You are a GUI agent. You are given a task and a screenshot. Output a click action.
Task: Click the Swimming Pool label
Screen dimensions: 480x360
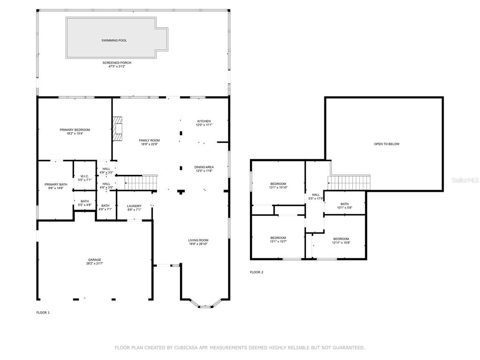click(114, 40)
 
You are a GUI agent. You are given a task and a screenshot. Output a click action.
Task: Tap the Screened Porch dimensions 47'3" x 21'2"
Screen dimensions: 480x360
click(117, 67)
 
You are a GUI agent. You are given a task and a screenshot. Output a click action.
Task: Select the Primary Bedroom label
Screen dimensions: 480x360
click(75, 130)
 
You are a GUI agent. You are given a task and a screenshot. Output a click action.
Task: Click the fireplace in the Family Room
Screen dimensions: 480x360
click(117, 128)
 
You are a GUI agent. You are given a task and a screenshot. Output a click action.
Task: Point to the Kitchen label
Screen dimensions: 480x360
click(204, 121)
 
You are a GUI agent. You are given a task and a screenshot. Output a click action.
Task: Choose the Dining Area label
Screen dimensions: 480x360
click(204, 167)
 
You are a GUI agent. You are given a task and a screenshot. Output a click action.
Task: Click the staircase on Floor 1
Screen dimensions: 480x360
click(141, 182)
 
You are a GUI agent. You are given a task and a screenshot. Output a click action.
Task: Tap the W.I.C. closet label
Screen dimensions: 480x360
click(84, 176)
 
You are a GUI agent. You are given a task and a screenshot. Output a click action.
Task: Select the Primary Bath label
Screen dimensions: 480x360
click(56, 184)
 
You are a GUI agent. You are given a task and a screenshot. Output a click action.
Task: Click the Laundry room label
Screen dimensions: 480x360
click(134, 206)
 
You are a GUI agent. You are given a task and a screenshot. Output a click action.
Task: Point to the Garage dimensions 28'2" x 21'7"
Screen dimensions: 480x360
click(95, 263)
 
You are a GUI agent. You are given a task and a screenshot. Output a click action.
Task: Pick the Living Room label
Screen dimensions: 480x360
click(198, 240)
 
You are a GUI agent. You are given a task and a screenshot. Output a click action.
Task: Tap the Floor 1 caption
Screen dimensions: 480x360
click(43, 313)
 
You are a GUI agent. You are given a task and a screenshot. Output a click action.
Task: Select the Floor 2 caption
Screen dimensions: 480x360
click(256, 272)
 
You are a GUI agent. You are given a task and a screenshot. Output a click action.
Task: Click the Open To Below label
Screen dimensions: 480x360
click(387, 144)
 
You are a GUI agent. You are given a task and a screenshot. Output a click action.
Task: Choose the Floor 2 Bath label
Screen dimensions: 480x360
click(345, 204)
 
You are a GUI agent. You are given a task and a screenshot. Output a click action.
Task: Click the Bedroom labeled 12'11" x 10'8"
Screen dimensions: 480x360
click(341, 240)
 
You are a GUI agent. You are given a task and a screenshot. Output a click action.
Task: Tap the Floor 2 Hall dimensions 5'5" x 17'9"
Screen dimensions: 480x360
click(315, 198)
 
